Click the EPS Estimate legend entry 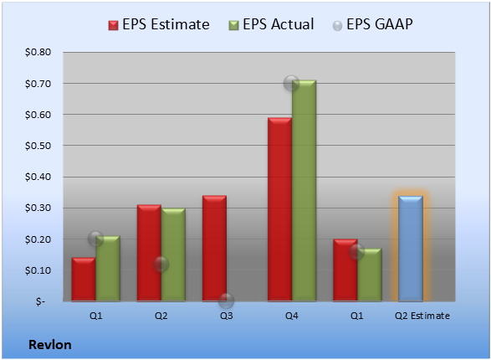(159, 24)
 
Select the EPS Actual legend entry (271, 24)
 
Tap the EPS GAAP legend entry (372, 24)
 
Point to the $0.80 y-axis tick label (38, 52)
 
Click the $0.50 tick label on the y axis (38, 146)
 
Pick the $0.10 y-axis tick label (38, 270)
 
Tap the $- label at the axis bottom (40, 301)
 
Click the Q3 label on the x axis (226, 316)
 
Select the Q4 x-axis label (292, 316)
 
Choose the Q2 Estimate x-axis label (422, 316)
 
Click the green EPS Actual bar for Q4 (304, 191)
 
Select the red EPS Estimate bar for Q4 (280, 209)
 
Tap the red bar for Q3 (214, 249)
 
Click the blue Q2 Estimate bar (411, 249)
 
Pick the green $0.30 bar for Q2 (173, 255)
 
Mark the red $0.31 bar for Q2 (150, 253)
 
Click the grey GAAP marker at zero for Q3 (226, 301)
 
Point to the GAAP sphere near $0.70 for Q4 (291, 84)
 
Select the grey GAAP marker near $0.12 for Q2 (161, 264)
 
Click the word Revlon (50, 345)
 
